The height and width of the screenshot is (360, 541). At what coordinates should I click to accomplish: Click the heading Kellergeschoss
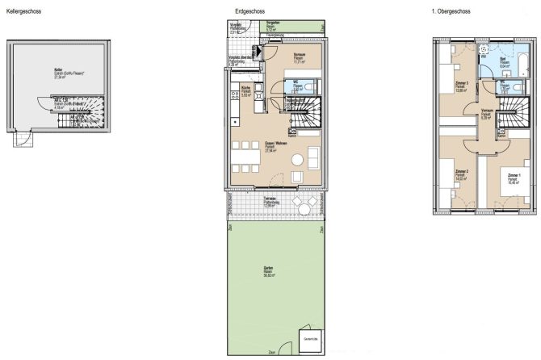(24, 12)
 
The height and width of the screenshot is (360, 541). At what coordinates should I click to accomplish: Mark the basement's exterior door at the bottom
(23, 140)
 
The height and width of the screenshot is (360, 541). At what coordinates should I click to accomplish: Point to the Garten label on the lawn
(267, 270)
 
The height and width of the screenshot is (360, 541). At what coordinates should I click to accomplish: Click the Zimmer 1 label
(514, 177)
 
